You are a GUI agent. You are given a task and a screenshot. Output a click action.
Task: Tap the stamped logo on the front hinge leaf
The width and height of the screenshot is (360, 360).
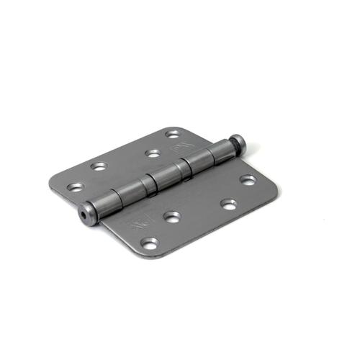click(x=138, y=224)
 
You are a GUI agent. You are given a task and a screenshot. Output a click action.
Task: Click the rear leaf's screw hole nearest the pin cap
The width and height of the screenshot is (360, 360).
click(x=172, y=134)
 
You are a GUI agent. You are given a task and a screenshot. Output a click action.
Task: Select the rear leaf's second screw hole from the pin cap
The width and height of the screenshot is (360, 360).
click(x=152, y=153)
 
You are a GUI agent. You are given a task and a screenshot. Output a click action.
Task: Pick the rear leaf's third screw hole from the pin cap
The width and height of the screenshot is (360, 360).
click(x=99, y=166)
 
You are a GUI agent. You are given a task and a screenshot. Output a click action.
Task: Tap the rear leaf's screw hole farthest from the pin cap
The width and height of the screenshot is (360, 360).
click(x=74, y=187)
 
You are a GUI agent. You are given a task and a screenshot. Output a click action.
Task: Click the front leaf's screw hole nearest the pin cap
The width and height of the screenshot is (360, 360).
click(x=247, y=180)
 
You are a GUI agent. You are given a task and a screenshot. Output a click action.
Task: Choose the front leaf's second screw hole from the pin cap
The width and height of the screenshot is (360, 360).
click(x=229, y=204)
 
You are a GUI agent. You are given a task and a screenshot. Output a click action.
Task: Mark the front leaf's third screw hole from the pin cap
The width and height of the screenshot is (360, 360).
click(x=171, y=215)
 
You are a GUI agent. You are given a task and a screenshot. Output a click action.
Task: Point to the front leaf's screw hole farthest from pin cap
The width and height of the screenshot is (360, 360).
click(x=150, y=243)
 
